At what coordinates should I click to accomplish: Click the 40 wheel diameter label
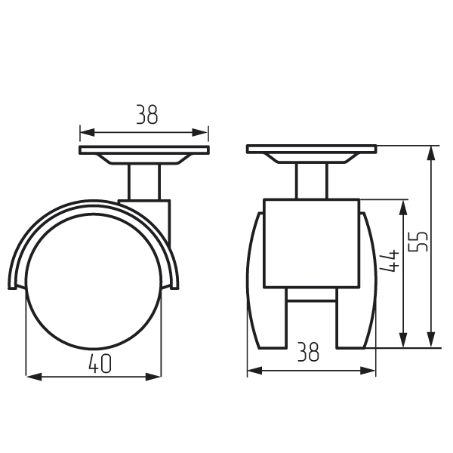(x=100, y=363)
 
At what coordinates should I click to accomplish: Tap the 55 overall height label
(x=418, y=242)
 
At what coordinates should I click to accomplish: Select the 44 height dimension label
(x=390, y=260)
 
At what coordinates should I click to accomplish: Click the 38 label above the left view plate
(x=147, y=115)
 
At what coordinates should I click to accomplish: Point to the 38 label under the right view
(x=308, y=352)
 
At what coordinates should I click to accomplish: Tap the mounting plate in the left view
(x=144, y=150)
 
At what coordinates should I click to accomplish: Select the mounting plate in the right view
(x=311, y=149)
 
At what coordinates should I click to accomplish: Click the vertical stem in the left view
(x=144, y=182)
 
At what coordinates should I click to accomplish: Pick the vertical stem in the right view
(x=311, y=181)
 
